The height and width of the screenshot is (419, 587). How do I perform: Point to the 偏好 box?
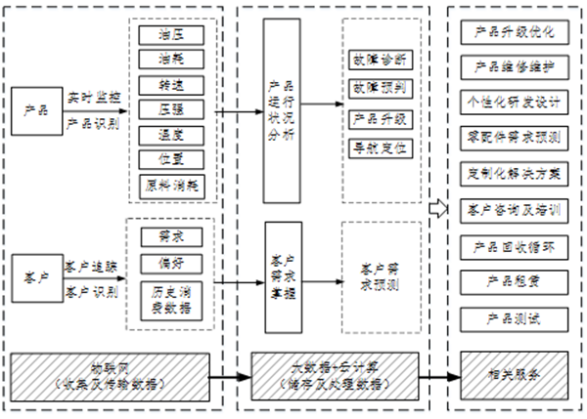coord(163,263)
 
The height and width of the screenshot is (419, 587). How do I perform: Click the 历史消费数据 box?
coord(163,297)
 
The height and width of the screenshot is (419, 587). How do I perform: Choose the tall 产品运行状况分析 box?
coord(280,108)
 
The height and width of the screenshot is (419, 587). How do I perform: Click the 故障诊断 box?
coord(382,60)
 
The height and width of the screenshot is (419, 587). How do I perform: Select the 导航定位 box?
coord(382,149)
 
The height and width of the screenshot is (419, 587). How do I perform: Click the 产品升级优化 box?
coord(514,33)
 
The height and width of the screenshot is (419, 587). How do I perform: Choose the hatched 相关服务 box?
coord(514,374)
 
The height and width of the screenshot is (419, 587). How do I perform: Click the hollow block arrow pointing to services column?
coord(436,206)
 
